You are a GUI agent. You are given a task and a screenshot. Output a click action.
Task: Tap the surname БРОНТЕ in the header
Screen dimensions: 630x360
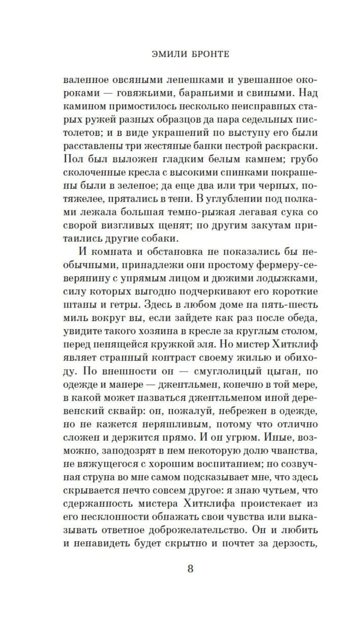point(208,54)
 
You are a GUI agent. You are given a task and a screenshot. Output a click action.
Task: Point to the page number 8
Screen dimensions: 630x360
point(190,569)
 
